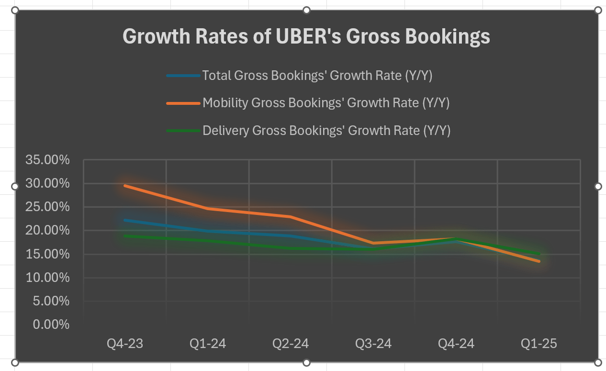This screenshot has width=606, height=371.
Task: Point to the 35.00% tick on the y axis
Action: [47, 160]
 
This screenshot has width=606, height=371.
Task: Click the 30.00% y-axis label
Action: [47, 183]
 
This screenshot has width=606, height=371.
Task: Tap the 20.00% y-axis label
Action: [47, 230]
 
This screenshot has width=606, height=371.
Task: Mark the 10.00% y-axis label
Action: [47, 278]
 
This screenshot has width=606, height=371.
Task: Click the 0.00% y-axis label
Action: [51, 325]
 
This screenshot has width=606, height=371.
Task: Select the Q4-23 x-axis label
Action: [124, 344]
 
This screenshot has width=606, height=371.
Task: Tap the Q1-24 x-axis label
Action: [208, 344]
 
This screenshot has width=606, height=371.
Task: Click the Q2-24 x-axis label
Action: [291, 344]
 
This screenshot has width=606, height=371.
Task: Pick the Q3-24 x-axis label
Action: [373, 344]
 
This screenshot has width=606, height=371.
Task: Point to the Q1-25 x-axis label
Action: [539, 344]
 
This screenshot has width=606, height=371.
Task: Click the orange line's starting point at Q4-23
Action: [124, 185]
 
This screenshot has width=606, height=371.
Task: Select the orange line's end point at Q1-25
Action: [539, 261]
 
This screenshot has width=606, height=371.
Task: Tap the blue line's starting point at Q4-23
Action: [124, 220]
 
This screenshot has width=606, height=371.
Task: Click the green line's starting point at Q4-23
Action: [124, 236]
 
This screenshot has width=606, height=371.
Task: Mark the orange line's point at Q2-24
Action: [291, 217]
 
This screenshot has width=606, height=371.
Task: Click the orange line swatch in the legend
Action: [183, 103]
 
